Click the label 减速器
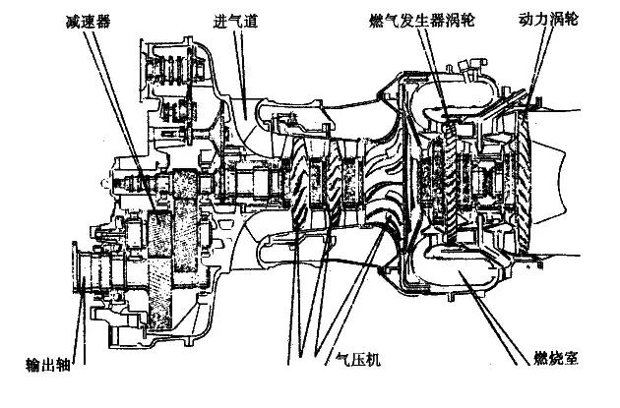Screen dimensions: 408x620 pos(88,21)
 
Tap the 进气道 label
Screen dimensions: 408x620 pos(235,21)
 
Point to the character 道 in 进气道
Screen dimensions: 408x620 pos(252,21)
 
